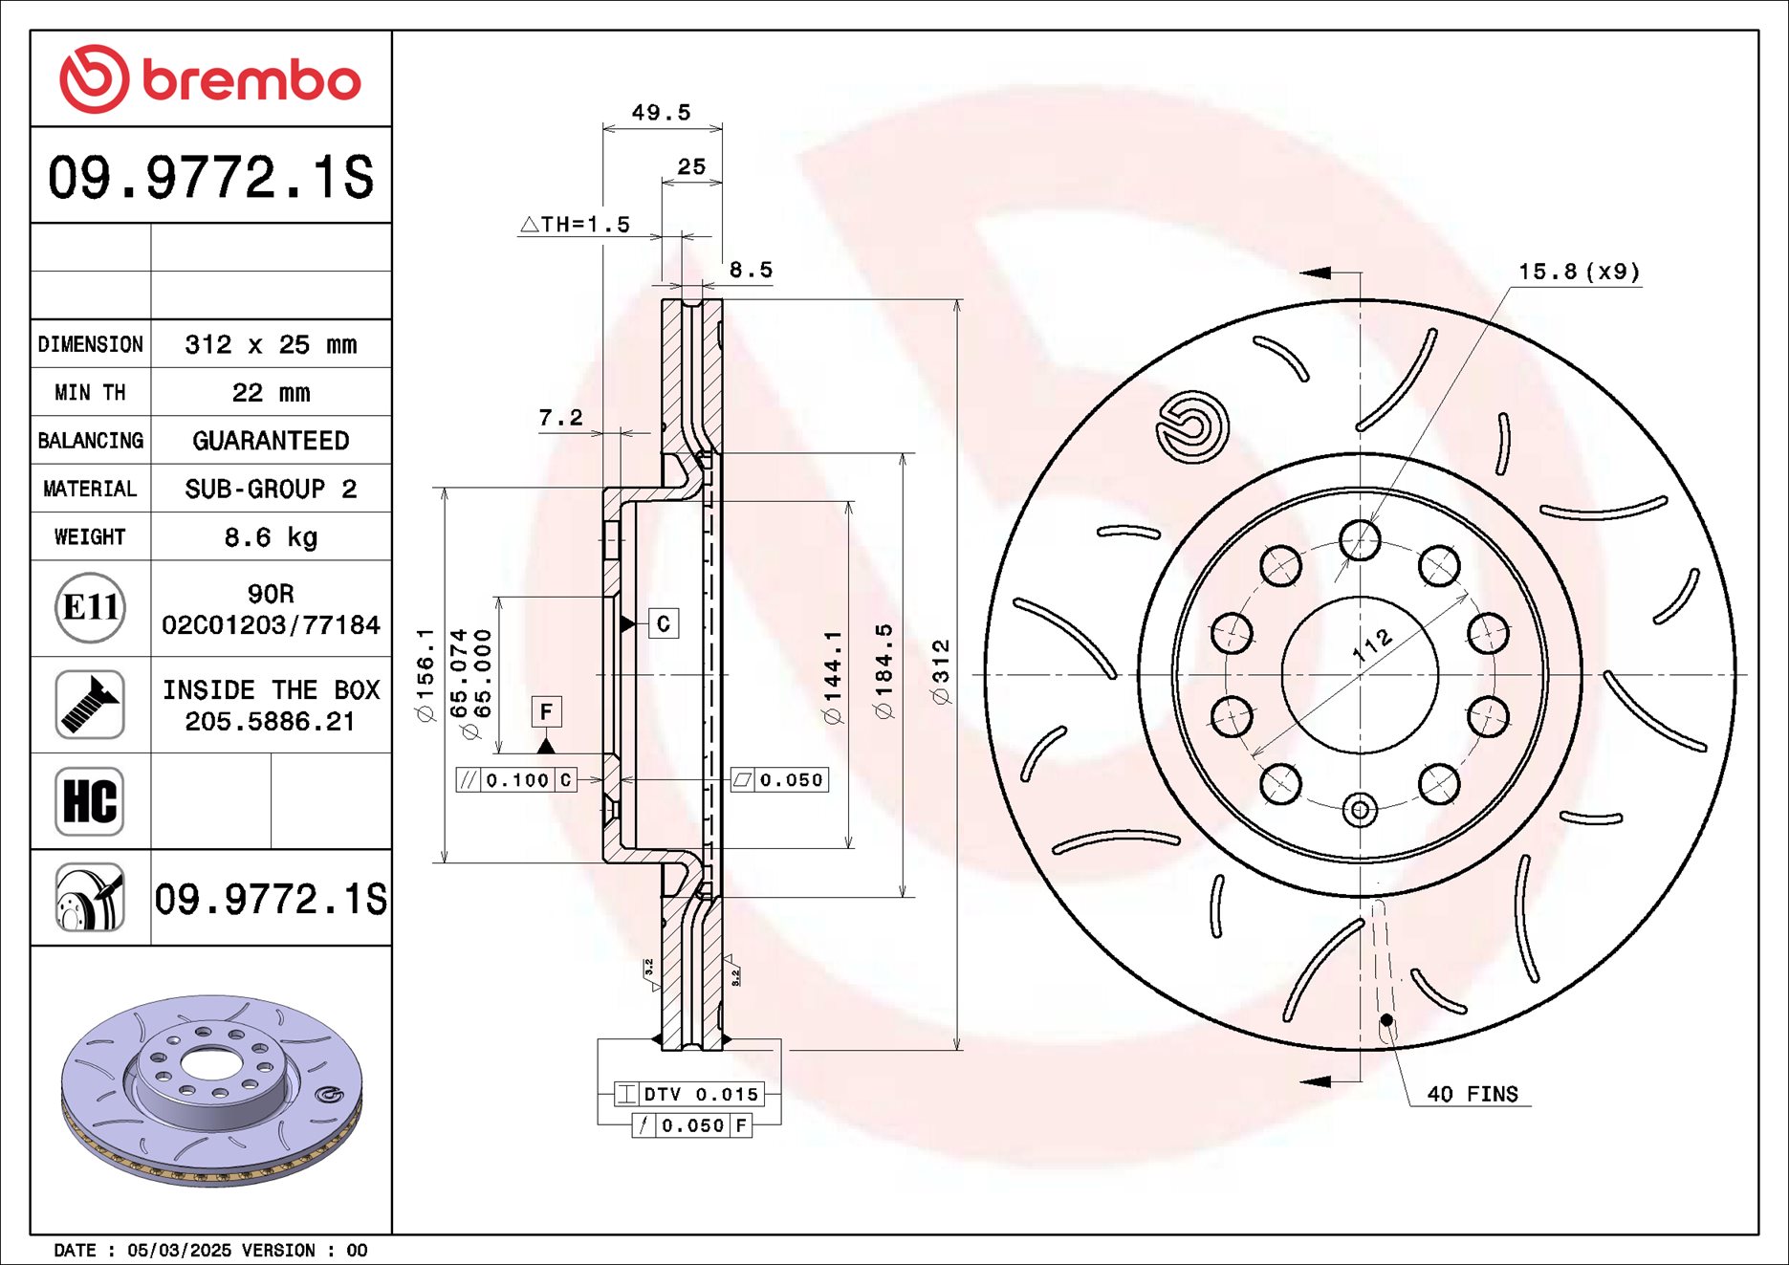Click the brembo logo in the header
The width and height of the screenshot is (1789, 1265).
coord(210,78)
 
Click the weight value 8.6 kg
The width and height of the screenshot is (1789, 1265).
coord(271,537)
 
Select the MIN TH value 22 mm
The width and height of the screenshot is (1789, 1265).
coord(271,393)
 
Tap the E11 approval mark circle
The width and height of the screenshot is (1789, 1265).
coord(90,607)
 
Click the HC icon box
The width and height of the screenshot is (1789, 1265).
coord(90,801)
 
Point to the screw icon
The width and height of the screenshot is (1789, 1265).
coord(90,705)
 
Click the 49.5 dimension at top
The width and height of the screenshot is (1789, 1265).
coord(661,113)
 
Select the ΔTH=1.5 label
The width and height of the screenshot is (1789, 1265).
coord(576,225)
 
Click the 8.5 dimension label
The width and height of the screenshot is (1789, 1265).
coord(751,271)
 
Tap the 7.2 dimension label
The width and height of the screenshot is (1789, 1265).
coord(560,418)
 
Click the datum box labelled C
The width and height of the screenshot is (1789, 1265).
coord(664,623)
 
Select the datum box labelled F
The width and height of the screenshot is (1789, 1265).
coord(546,711)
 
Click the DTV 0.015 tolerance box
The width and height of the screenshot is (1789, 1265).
coord(689,1094)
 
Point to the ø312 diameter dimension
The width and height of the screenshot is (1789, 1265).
coord(942,673)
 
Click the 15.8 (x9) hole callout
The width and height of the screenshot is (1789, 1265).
coord(1579,272)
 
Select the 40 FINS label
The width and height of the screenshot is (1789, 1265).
coord(1472,1094)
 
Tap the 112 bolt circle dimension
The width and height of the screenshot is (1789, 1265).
coord(1373,647)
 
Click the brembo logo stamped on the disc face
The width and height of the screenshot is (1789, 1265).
coord(1191,426)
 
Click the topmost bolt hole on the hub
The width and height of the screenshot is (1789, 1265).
coord(1360,540)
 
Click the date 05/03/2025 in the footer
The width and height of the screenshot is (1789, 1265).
coord(179,1250)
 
